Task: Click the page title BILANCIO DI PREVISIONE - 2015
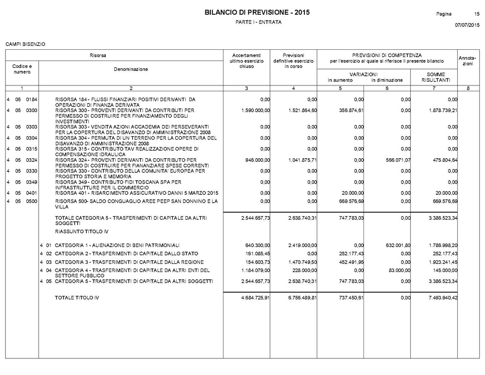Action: click(257, 12)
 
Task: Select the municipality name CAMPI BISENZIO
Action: click(25, 44)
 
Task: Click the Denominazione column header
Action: click(131, 70)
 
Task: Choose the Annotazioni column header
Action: click(467, 61)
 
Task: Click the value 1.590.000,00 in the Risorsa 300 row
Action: click(256, 110)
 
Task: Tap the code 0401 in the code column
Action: click(32, 192)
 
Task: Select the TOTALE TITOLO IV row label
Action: click(77, 298)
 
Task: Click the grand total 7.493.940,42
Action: click(443, 298)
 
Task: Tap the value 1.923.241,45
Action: click(443, 262)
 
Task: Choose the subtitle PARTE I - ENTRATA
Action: click(258, 22)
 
